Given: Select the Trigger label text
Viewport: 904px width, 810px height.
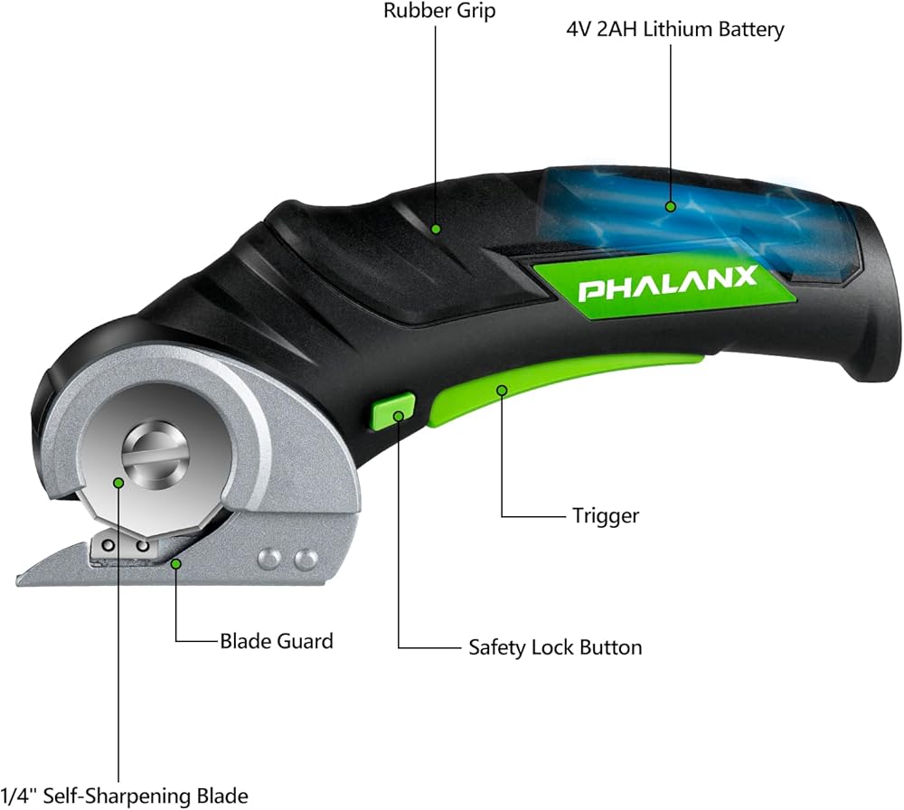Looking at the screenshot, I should pyautogui.click(x=605, y=516).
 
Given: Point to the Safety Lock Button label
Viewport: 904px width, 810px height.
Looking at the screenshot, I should pyautogui.click(x=555, y=647).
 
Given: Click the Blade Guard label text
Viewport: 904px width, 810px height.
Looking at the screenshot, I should pyautogui.click(x=277, y=642).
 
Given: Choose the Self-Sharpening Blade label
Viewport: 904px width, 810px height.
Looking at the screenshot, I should pyautogui.click(x=124, y=796).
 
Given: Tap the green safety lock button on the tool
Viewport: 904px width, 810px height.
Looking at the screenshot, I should pyautogui.click(x=392, y=412).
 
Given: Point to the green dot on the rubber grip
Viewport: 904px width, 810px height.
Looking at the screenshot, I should pyautogui.click(x=436, y=228).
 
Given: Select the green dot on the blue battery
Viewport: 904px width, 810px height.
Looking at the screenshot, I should pyautogui.click(x=670, y=206).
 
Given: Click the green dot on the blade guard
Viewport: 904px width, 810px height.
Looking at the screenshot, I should pyautogui.click(x=177, y=564).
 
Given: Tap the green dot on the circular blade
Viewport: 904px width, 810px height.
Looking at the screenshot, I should pyautogui.click(x=118, y=482).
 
